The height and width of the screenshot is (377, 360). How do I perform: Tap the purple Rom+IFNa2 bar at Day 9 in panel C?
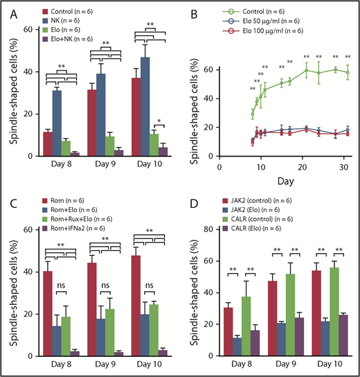[x=119, y=353]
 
